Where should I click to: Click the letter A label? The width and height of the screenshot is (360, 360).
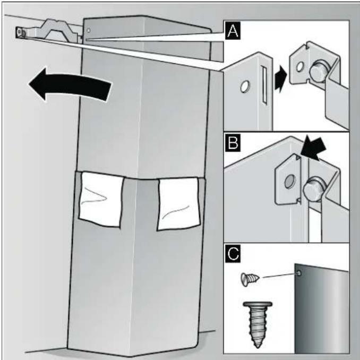(233, 31)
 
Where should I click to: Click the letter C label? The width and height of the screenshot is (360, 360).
(233, 253)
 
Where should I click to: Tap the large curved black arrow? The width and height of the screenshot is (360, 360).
(69, 84)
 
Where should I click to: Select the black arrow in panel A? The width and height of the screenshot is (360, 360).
(281, 79)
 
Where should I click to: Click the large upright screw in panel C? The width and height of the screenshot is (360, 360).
(258, 324)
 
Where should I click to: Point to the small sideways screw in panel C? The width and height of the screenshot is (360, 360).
(250, 279)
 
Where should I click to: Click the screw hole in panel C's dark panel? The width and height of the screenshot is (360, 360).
(299, 273)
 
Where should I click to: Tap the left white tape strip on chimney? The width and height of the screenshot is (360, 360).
(101, 199)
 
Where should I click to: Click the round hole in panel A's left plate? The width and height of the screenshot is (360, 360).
(245, 87)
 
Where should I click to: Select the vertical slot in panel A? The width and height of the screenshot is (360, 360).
(264, 84)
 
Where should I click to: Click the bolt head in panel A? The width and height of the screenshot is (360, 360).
(319, 71)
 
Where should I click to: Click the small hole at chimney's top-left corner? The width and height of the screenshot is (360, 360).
(88, 30)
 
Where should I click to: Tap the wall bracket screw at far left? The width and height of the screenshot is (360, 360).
(20, 32)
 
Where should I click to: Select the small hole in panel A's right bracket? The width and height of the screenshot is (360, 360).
(299, 67)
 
